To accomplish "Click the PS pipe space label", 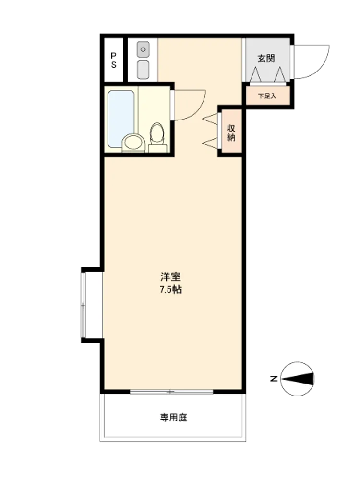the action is pos(114,60).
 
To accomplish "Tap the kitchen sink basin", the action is pos(143,49).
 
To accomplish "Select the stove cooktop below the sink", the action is pos(143,70).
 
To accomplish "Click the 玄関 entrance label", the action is pos(266,59).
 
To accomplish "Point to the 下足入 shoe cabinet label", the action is pos(267,96).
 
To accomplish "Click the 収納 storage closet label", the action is pos(231,133).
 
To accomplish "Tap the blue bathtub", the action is pos(121,118).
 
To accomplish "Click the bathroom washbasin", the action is pos(133,143).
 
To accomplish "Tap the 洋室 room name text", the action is pos(170,276).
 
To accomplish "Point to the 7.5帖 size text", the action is pos(171,289).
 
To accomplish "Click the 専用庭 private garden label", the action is pos(174,418).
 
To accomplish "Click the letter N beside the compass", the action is pos(274,379).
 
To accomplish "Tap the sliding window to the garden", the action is pos(171,392).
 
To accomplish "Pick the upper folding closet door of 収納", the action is pos(210,119).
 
